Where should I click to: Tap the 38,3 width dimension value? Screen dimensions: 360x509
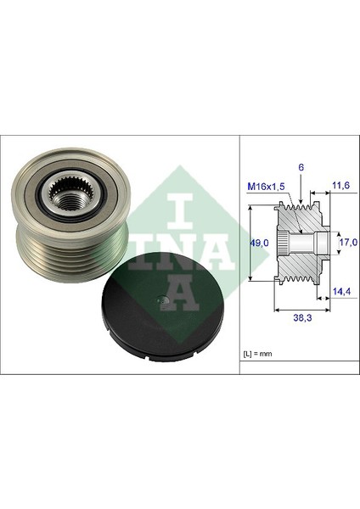(302, 318)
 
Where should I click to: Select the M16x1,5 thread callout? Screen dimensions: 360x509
(266, 187)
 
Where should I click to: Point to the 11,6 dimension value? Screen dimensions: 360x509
(340, 185)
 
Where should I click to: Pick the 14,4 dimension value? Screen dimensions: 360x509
(341, 292)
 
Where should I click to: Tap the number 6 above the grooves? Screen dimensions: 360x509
(301, 167)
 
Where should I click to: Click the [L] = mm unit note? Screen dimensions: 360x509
(257, 354)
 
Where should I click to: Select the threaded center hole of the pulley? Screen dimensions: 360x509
(68, 201)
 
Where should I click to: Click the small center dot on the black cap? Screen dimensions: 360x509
(162, 300)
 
